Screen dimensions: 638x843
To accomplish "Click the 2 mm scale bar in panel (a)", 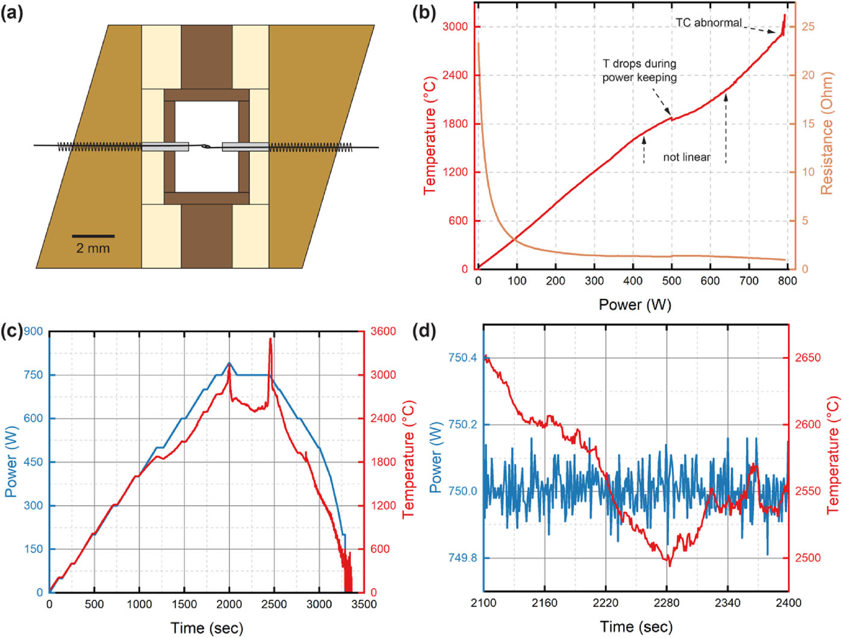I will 93,236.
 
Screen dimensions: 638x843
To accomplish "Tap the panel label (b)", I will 424,13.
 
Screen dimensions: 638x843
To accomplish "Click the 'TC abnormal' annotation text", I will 708,23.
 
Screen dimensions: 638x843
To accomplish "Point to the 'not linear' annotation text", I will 686,157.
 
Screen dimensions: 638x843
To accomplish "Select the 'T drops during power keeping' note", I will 639,70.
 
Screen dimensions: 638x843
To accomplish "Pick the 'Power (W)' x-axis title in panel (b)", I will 635,304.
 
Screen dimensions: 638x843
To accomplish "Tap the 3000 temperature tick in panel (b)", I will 455,27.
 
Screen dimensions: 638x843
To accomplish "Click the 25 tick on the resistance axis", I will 807,27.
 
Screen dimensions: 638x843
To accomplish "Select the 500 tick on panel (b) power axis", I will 671,281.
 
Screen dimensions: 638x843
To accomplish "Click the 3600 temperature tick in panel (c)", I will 383,331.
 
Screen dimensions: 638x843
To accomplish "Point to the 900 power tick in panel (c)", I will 33,331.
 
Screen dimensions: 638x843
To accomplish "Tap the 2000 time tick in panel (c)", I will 229,604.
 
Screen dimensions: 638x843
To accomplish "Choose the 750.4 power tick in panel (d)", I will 462,358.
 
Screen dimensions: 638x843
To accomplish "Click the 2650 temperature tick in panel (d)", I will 807,358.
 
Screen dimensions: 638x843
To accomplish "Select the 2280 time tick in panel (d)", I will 667,603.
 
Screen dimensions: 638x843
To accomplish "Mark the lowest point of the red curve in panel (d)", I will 669,565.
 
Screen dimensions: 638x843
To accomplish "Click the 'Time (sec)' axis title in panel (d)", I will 636,627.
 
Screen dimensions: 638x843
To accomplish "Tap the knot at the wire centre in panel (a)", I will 205,146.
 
